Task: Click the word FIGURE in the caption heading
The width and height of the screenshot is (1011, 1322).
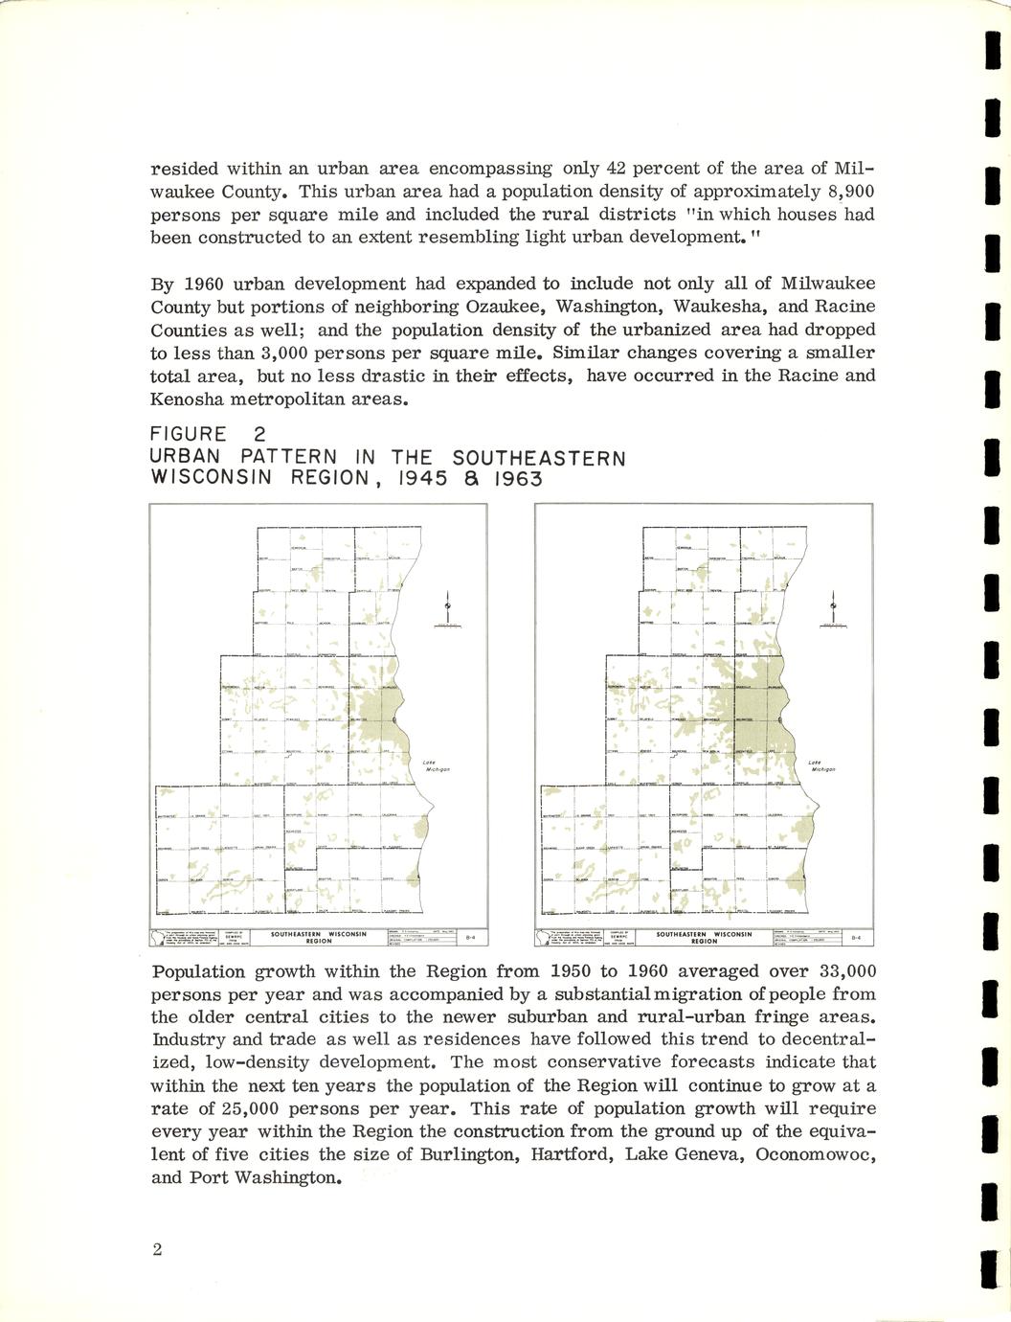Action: click(190, 436)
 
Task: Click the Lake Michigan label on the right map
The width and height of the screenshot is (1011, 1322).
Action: click(822, 765)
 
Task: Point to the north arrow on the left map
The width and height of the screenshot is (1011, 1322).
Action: click(446, 609)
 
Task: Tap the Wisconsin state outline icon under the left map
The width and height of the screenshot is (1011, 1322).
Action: click(168, 938)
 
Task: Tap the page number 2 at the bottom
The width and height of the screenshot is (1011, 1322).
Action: click(157, 1249)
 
